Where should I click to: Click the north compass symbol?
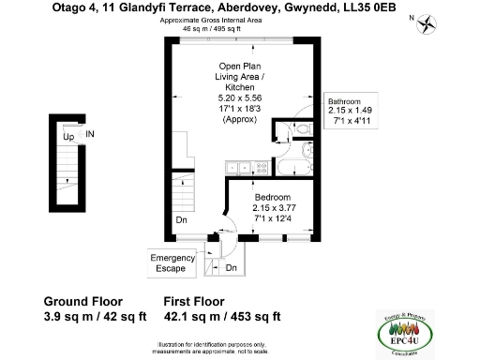[x=429, y=23]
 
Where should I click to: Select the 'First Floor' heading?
[x=194, y=302]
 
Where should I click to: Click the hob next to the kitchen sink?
[x=261, y=168]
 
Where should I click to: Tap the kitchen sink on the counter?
[x=237, y=168]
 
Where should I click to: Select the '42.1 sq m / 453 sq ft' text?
[x=222, y=317]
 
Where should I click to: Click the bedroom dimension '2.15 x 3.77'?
[x=275, y=208]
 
